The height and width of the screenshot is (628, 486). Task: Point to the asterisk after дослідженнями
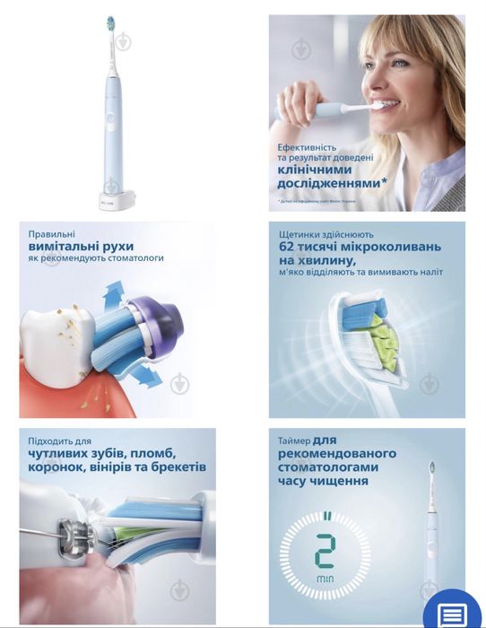(385, 182)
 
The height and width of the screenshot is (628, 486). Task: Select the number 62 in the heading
(291, 245)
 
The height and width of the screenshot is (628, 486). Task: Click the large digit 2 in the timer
(325, 551)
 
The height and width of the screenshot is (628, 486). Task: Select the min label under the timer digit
(325, 582)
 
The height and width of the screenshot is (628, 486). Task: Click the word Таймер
(297, 440)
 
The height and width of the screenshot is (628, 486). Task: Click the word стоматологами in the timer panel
(327, 467)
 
